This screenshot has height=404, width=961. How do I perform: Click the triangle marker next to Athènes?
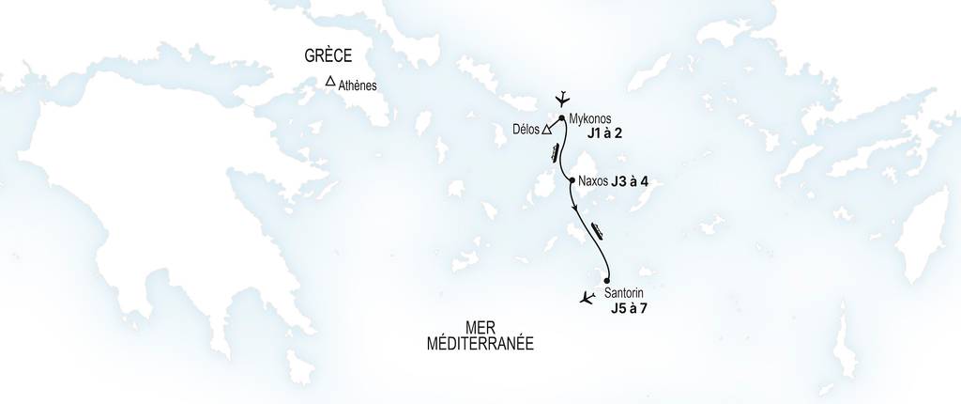[x=330, y=82]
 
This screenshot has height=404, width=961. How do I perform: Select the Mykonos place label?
[x=590, y=119]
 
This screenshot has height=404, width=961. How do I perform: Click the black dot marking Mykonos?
[x=561, y=118]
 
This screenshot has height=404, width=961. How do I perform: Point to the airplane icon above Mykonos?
[x=563, y=98]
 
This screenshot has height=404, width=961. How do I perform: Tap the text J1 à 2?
[x=605, y=134]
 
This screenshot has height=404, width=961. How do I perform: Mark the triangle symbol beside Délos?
[x=546, y=131]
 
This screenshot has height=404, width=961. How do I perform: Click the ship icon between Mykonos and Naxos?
[x=557, y=151]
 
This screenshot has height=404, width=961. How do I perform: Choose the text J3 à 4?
[x=631, y=180]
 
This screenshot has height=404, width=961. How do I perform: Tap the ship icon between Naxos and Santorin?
[x=598, y=228]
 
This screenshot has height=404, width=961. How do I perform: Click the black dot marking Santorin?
[x=607, y=281]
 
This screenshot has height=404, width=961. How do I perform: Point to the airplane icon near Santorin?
[x=587, y=299]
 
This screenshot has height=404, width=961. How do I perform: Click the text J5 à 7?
[x=629, y=308]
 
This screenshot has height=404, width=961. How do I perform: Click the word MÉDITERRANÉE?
[x=480, y=344]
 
